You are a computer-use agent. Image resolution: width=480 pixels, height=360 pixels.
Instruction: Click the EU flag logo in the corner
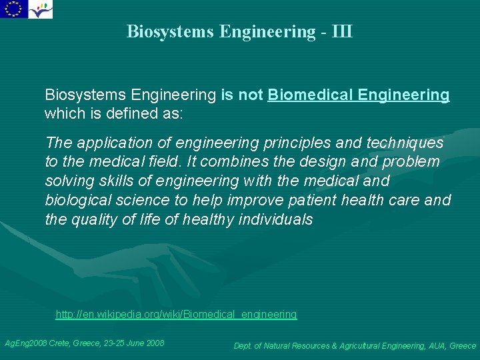tap(13, 9)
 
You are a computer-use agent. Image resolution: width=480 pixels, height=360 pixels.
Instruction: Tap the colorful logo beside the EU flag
tap(41, 9)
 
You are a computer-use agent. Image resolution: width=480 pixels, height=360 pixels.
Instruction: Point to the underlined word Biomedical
tap(310, 95)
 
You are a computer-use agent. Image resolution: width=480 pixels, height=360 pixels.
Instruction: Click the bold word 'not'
tap(251, 95)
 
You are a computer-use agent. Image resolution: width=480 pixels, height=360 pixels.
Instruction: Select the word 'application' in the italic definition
tap(115, 143)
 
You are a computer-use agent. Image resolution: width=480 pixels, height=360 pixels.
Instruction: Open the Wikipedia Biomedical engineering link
tap(176, 314)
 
